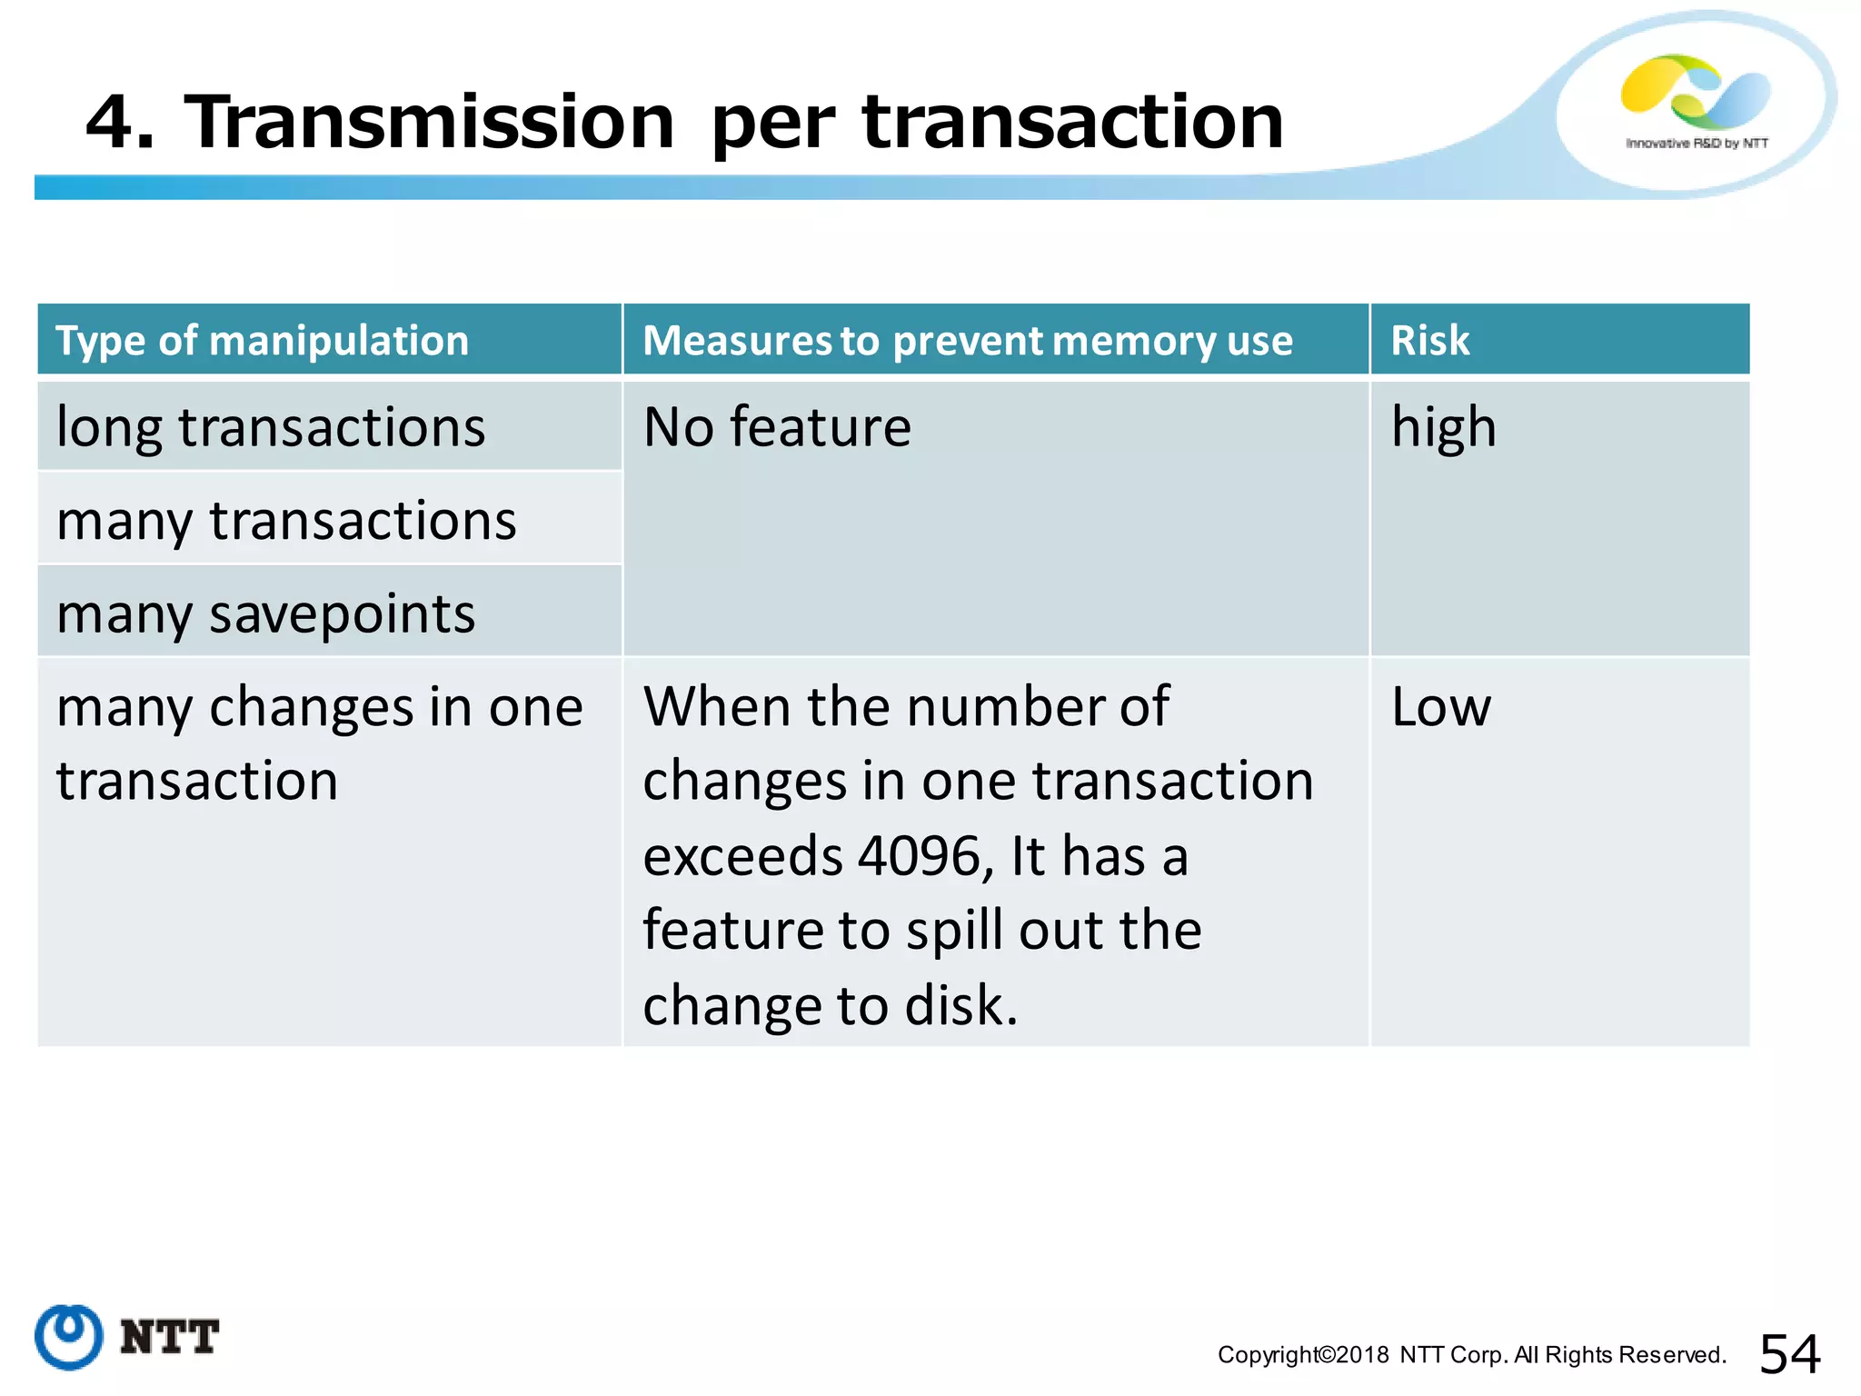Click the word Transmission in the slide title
tap(429, 122)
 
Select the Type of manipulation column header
tap(262, 341)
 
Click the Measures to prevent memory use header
tap(967, 341)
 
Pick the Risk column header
tap(1429, 341)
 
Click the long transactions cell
tap(271, 427)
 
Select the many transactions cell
tap(286, 521)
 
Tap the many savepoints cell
tap(265, 614)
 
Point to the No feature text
tap(777, 427)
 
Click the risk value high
tap(1443, 427)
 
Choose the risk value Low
tap(1441, 707)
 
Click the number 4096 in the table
tap(918, 856)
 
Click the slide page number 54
tap(1789, 1354)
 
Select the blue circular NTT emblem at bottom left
tap(69, 1337)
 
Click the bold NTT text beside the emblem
tap(170, 1338)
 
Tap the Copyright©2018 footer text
tap(1303, 1355)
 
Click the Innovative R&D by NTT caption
tap(1697, 144)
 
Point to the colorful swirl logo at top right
tap(1695, 91)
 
